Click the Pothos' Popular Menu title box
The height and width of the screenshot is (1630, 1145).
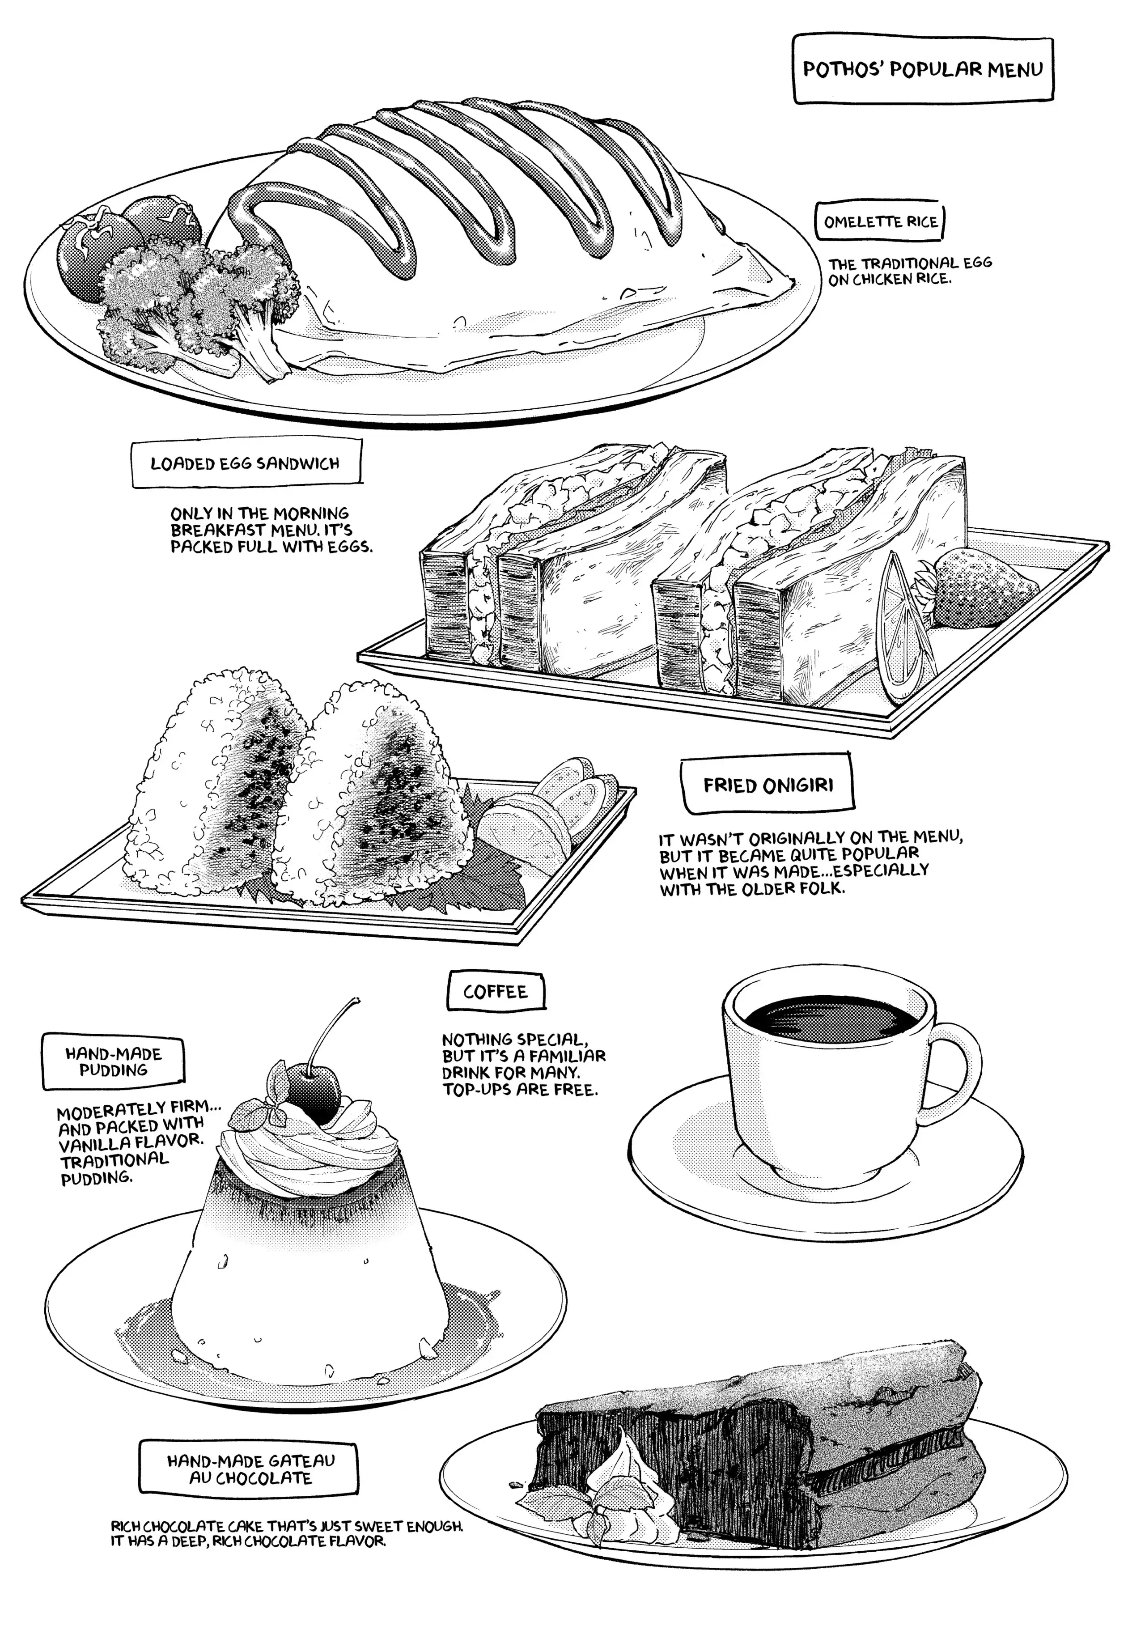(922, 70)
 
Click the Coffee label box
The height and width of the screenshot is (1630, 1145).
(496, 992)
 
